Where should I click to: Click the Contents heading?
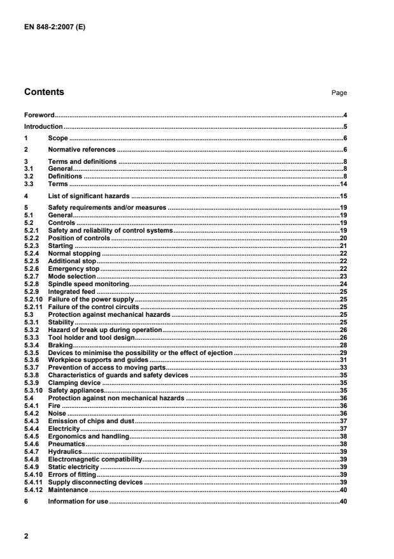click(x=44, y=92)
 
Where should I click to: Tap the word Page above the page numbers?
click(x=339, y=93)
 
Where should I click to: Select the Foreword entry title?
click(x=39, y=115)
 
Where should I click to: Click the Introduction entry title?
click(x=43, y=127)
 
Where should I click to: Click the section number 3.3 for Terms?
click(x=29, y=184)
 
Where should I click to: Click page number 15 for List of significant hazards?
click(x=342, y=196)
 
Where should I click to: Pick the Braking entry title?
click(x=61, y=345)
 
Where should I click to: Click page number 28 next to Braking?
click(x=342, y=345)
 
